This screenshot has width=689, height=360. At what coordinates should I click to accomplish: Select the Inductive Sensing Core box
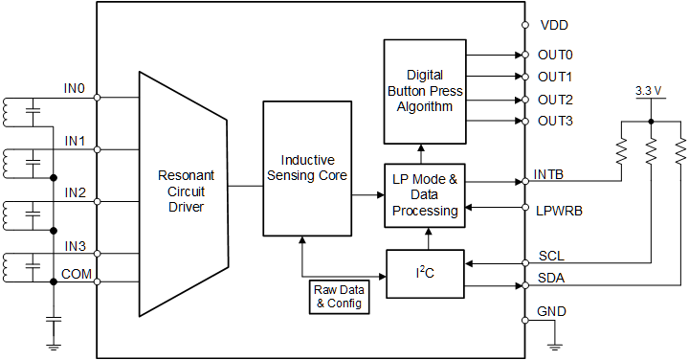(306, 168)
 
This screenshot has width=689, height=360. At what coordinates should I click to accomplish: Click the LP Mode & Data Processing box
(424, 194)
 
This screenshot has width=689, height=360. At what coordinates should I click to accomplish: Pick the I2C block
(424, 273)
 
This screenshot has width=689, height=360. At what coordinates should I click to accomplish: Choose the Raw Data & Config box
(338, 297)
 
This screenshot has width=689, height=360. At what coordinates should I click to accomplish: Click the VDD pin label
(554, 25)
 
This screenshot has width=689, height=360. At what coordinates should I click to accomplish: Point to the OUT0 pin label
(556, 55)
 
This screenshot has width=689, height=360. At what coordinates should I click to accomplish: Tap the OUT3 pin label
(556, 122)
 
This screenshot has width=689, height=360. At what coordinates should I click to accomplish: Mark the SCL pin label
(550, 258)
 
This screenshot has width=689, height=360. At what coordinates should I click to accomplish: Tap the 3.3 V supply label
(650, 92)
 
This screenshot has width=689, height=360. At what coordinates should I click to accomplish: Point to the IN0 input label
(75, 89)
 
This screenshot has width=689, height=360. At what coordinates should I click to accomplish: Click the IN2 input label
(75, 192)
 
